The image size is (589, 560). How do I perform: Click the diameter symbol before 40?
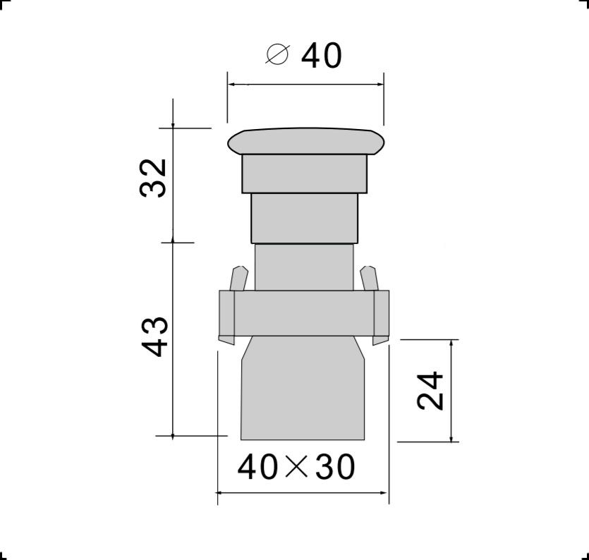click(278, 54)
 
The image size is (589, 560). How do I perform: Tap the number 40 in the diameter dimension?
click(322, 56)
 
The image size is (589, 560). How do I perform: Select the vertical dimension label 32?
click(152, 178)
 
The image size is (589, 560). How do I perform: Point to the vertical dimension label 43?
click(154, 337)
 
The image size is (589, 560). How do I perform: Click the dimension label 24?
click(430, 391)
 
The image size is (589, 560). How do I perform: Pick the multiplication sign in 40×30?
click(296, 466)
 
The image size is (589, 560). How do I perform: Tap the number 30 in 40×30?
click(334, 467)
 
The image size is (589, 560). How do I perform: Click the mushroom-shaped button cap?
click(306, 142)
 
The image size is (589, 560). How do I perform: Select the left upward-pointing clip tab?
click(239, 279)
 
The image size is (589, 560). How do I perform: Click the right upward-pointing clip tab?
click(369, 279)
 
